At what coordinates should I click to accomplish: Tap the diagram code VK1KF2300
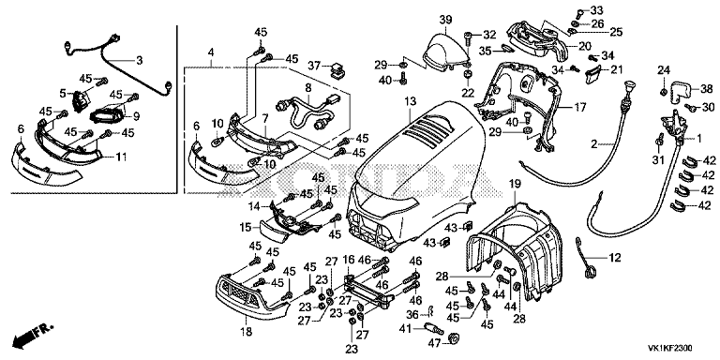(670, 349)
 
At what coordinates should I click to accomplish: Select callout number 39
(445, 20)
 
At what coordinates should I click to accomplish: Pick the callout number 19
(516, 184)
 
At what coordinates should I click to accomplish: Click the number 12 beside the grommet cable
(614, 257)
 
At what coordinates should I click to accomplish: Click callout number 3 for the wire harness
(139, 60)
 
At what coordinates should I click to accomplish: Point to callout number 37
(314, 66)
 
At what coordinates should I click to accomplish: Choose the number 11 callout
(120, 157)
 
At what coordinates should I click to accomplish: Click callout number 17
(580, 108)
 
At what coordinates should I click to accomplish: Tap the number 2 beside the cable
(593, 144)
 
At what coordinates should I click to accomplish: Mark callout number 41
(405, 329)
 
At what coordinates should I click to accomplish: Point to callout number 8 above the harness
(308, 87)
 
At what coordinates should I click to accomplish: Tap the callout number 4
(211, 52)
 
